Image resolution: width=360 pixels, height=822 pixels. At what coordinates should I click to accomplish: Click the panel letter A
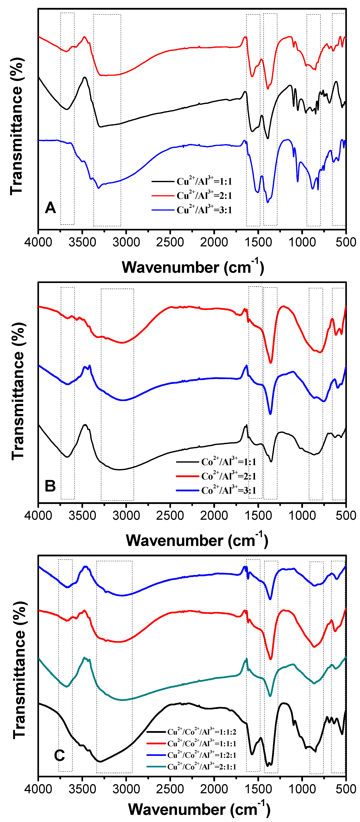[50, 208]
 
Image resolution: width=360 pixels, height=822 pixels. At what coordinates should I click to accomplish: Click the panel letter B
[50, 486]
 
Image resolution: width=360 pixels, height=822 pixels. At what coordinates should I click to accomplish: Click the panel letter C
[59, 755]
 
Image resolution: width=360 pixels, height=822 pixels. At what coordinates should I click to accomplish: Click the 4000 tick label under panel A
[38, 242]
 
